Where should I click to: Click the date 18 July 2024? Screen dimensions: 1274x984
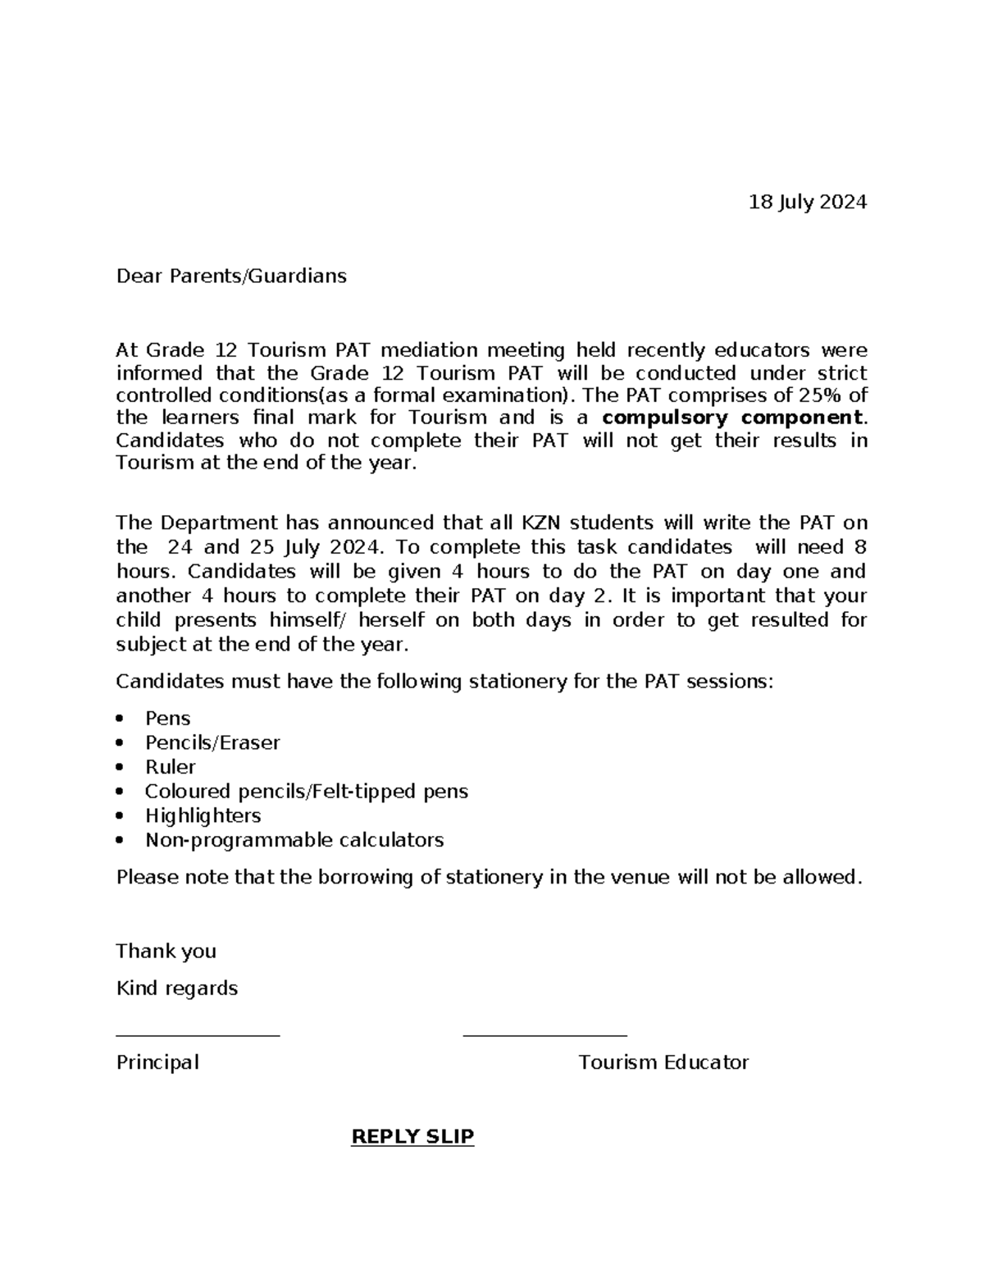coord(807,202)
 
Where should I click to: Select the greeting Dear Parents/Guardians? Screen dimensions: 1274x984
coord(231,276)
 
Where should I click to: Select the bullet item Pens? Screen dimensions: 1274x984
coord(167,718)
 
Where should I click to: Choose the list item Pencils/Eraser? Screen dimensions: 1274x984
coord(212,742)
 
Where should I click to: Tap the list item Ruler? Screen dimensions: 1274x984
coord(170,767)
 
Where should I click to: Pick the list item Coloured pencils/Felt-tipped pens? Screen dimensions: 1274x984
coord(306,792)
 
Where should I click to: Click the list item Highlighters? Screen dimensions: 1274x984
coord(203,815)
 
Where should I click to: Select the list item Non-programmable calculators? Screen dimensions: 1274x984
coord(294,840)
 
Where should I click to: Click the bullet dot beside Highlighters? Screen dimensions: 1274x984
coord(121,816)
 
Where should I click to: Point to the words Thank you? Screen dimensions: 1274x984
coord(166,951)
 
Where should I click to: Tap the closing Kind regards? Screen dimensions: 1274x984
coord(176,988)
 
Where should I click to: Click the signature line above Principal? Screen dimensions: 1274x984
coord(198,1035)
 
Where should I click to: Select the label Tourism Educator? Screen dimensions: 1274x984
coord(663,1062)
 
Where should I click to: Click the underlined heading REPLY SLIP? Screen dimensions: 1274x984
coord(412,1136)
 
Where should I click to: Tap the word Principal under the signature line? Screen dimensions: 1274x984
coord(157,1062)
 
